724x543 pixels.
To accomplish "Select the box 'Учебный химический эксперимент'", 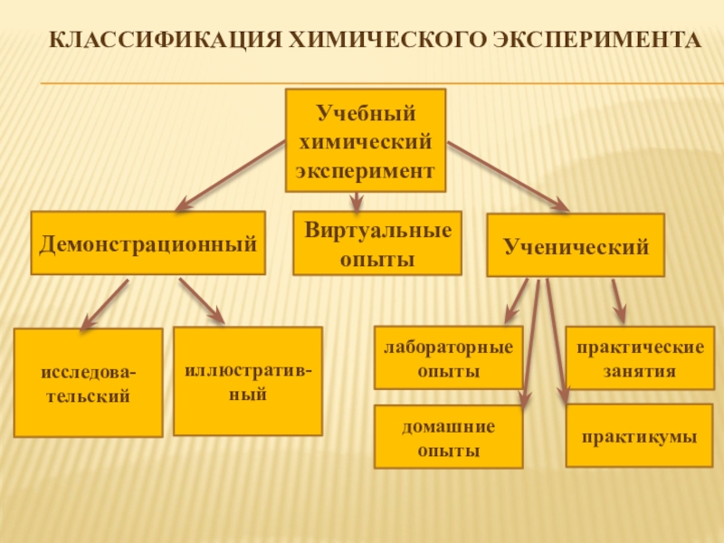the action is [x=366, y=140].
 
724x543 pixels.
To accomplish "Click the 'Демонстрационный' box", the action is [x=148, y=243].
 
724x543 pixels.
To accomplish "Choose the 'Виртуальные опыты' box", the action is [x=377, y=243].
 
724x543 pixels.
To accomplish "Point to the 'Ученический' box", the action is [x=576, y=245].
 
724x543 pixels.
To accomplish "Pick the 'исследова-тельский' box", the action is [x=89, y=383].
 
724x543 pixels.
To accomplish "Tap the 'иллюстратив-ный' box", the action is [x=248, y=381].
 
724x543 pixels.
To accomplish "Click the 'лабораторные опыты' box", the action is [x=449, y=357].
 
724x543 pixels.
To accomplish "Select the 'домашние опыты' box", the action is [x=449, y=437].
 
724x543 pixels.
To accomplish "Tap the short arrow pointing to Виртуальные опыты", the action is [x=357, y=201].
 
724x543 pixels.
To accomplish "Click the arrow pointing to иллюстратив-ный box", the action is [x=201, y=300].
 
